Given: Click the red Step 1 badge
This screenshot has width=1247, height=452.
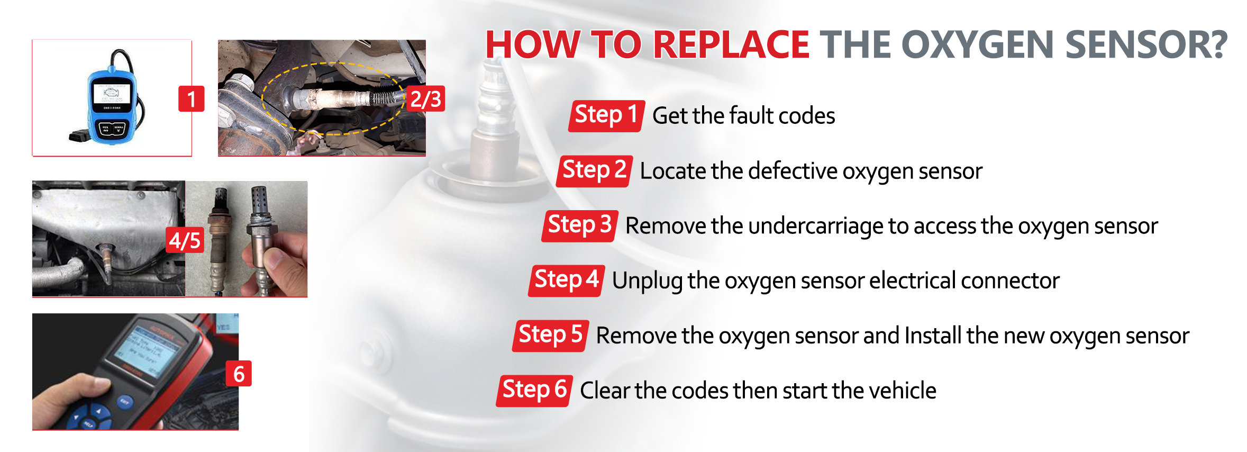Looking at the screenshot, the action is coord(606,115).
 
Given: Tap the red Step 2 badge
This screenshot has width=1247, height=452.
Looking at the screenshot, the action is coord(594,171).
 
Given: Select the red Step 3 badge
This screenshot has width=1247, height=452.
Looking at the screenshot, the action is coord(580,226).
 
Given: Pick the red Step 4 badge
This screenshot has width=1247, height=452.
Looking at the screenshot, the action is coord(567,281).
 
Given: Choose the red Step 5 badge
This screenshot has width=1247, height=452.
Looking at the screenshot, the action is coord(551,336).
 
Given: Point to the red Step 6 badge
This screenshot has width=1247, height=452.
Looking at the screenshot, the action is coord(534,391).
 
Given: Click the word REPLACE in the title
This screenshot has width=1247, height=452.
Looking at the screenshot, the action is coord(731,44).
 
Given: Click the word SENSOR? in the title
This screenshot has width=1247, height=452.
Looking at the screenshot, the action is coord(1146,44).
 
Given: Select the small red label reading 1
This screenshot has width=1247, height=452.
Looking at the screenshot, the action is coord(192,99).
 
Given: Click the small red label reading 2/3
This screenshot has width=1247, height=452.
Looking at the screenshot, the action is coord(426,99).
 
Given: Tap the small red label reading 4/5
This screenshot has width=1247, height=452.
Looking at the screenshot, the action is coord(185,240).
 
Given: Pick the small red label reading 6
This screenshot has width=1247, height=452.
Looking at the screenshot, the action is coord(239,374).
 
